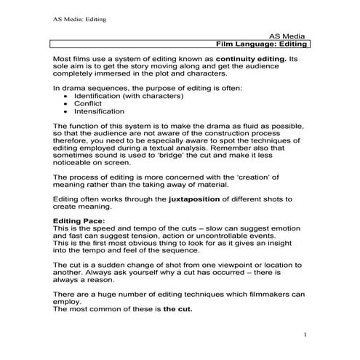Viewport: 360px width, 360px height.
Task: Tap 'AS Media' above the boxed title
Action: [290, 34]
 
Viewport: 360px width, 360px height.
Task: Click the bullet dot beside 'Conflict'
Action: [66, 104]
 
